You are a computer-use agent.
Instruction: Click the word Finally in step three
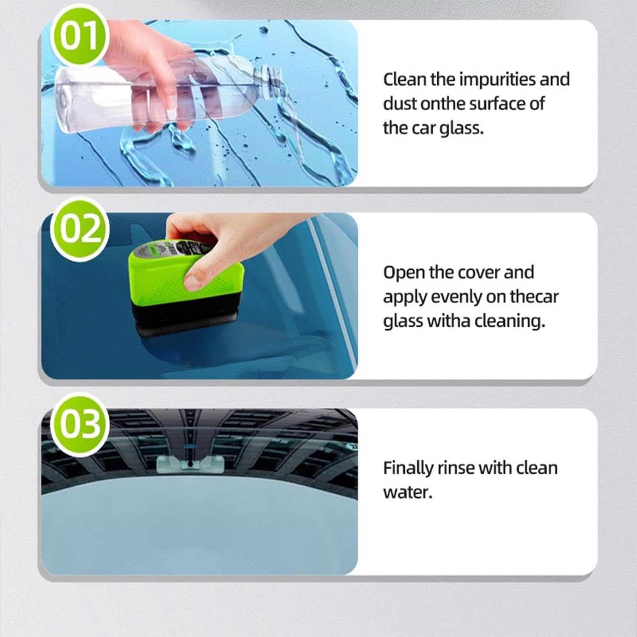(407, 468)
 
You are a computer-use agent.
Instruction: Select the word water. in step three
(407, 493)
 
